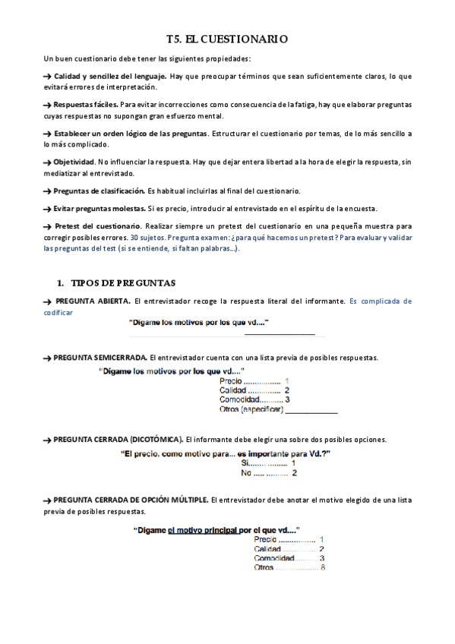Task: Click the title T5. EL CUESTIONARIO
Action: pyautogui.click(x=227, y=39)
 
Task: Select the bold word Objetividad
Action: pyautogui.click(x=74, y=163)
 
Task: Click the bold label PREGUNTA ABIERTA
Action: pyautogui.click(x=93, y=301)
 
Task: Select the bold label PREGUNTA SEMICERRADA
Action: pyautogui.click(x=100, y=357)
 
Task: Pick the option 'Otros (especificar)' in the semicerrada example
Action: pyautogui.click(x=251, y=410)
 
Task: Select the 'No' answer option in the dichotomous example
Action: pyautogui.click(x=246, y=473)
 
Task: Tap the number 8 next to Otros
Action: pyautogui.click(x=323, y=567)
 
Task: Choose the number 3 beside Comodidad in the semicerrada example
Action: pyautogui.click(x=288, y=399)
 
